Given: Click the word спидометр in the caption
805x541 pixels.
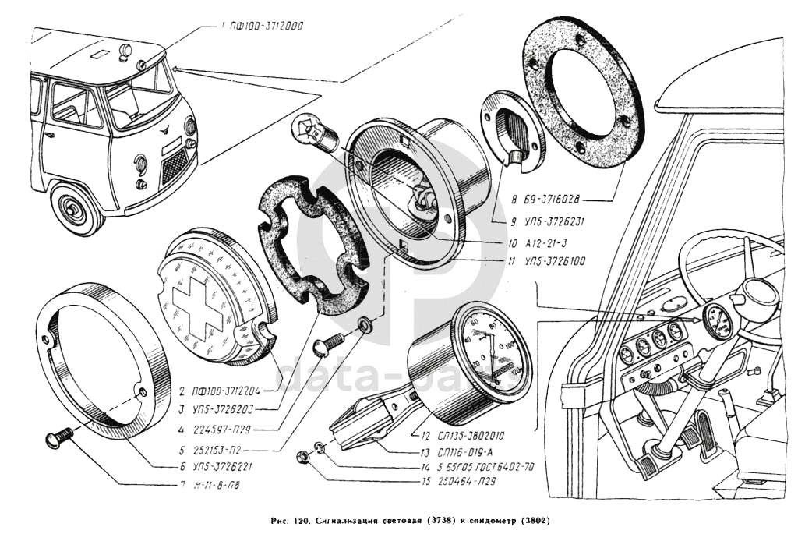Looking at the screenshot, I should pos(488,520).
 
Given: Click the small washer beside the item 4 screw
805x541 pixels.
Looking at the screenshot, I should pos(365,324).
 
